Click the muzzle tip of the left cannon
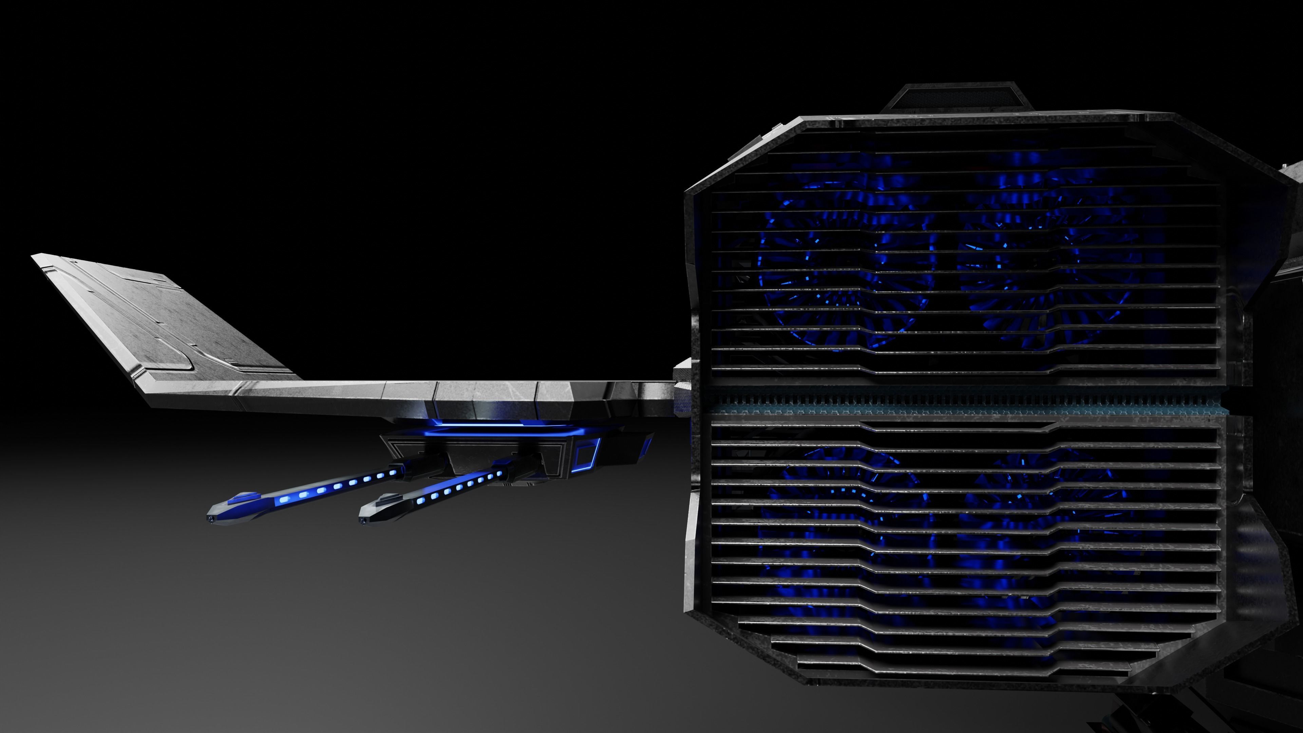209,519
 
